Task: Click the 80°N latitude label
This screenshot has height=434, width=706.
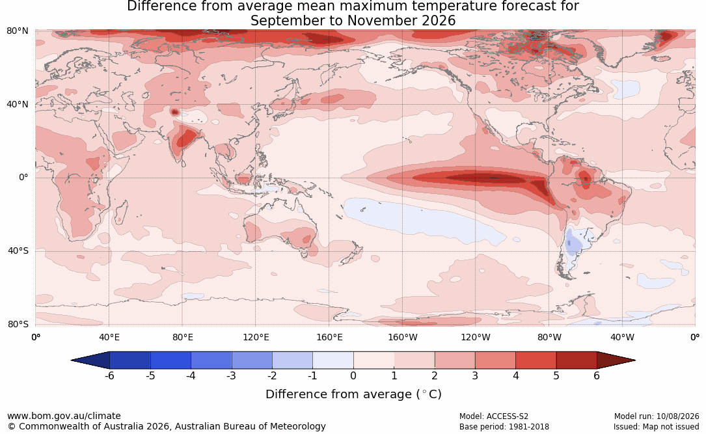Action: [x=17, y=31]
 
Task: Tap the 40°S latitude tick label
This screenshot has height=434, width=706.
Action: [x=18, y=251]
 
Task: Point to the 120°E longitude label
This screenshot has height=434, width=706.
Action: [x=256, y=337]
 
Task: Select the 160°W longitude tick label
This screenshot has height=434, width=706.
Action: [x=403, y=337]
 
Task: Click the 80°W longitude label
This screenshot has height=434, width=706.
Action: [x=549, y=337]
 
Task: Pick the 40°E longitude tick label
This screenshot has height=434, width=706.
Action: [x=109, y=337]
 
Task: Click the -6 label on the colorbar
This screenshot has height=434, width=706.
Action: [x=109, y=375]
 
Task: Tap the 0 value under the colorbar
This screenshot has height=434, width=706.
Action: [x=353, y=375]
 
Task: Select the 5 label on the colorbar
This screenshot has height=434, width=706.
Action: [x=556, y=375]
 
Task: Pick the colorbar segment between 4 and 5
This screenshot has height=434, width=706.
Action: [x=536, y=360]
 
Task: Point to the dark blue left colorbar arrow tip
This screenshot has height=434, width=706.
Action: [x=72, y=360]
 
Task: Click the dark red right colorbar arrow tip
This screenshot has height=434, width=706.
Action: [x=635, y=360]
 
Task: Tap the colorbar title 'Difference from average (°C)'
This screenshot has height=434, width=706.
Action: [x=353, y=394]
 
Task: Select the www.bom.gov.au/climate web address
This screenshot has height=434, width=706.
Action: [x=64, y=416]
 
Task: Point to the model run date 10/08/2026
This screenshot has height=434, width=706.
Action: [x=677, y=416]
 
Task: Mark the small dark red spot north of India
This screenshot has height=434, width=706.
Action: [x=174, y=112]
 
